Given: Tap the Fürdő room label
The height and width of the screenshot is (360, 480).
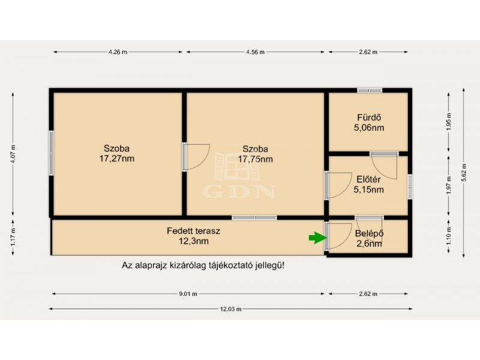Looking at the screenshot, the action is pyautogui.click(x=369, y=118).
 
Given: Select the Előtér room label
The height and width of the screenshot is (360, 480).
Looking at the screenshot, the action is pyautogui.click(x=368, y=179).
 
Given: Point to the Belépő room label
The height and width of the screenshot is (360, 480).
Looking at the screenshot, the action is pyautogui.click(x=369, y=233).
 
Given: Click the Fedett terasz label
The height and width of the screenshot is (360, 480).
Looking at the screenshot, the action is pyautogui.click(x=193, y=231).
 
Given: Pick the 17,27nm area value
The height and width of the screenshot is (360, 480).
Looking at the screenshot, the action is pyautogui.click(x=116, y=158).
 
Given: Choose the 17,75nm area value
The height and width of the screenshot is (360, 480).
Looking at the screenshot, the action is pyautogui.click(x=256, y=159).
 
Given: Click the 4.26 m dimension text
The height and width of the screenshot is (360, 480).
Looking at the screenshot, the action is pyautogui.click(x=118, y=52).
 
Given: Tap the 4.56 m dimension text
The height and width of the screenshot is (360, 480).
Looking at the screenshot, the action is pyautogui.click(x=256, y=52).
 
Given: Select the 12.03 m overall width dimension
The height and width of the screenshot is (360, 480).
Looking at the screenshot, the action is pyautogui.click(x=230, y=309).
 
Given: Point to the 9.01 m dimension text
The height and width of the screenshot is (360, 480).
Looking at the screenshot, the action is pyautogui.click(x=188, y=294).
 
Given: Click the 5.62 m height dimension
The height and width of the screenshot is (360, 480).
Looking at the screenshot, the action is pyautogui.click(x=464, y=173).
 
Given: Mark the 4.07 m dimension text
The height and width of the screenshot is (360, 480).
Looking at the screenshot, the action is pyautogui.click(x=13, y=154).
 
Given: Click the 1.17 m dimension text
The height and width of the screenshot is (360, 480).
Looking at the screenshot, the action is pyautogui.click(x=13, y=237).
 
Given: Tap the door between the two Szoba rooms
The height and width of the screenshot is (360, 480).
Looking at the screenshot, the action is pyautogui.click(x=196, y=156).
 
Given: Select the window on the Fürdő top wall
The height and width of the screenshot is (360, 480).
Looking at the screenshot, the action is pyautogui.click(x=370, y=91).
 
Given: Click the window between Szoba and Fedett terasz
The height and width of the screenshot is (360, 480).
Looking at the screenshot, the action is pyautogui.click(x=254, y=218).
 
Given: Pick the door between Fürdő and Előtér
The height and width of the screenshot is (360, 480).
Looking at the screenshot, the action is pyautogui.click(x=385, y=166).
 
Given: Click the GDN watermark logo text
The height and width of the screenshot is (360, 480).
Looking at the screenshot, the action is pyautogui.click(x=239, y=191).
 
